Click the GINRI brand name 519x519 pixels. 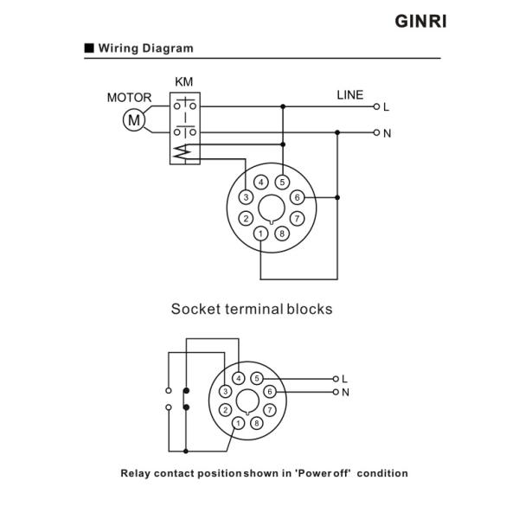click(x=420, y=22)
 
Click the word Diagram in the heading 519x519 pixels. click(x=168, y=48)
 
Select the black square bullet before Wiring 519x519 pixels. click(x=89, y=48)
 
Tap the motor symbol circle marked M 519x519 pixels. click(x=134, y=120)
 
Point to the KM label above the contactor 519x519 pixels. click(x=183, y=82)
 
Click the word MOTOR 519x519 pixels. click(x=129, y=98)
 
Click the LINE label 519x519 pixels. click(x=349, y=95)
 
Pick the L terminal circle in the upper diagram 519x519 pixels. click(x=376, y=106)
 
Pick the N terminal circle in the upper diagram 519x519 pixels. click(x=376, y=132)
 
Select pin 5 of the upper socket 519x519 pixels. click(x=282, y=182)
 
